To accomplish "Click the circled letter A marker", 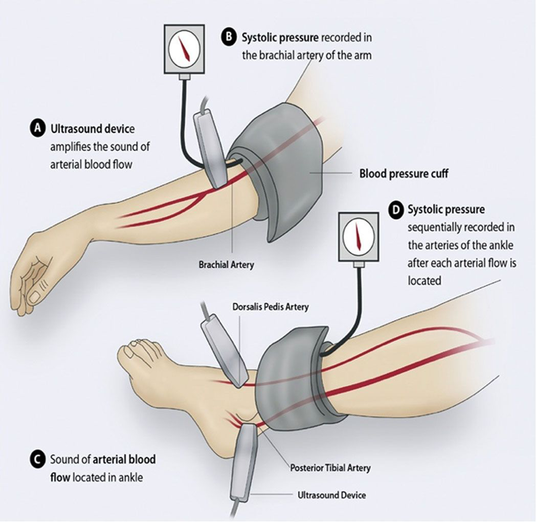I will [38, 129].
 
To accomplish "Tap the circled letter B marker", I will [228, 38].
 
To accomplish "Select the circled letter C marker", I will [37, 459].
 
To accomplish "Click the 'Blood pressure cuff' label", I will [403, 173].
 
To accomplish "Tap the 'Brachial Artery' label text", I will [226, 265].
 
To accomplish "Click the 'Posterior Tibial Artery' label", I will [330, 468].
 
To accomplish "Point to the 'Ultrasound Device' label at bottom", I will [331, 495].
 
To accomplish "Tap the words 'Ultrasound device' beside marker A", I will [93, 129].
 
